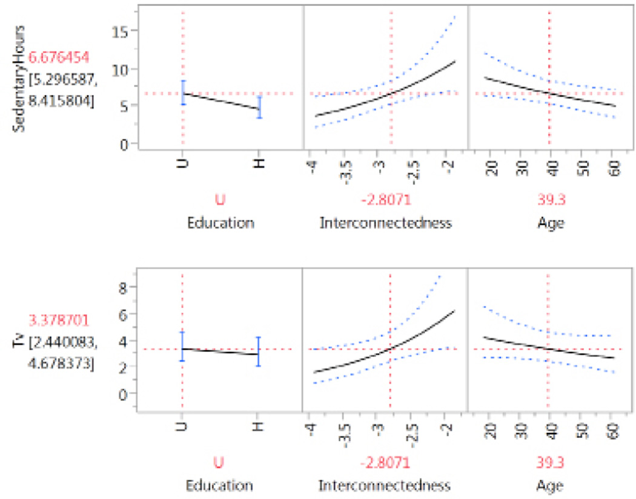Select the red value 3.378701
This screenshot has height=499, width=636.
58,318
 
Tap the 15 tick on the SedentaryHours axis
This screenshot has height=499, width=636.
123,31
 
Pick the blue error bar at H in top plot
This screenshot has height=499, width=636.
259,108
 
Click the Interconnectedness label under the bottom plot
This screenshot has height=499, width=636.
385,485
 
